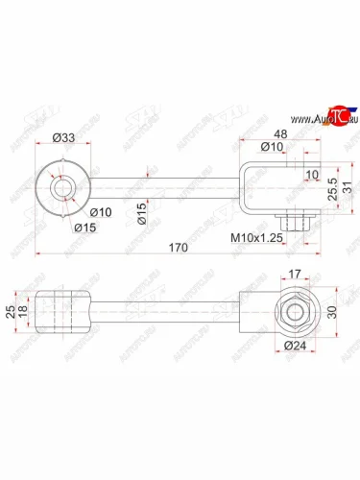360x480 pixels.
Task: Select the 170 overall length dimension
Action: [177, 247]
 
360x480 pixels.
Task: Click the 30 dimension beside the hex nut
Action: [331, 311]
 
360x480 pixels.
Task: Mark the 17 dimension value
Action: [295, 274]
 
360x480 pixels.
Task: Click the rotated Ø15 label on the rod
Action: [140, 210]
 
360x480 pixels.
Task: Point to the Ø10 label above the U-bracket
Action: [272, 147]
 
